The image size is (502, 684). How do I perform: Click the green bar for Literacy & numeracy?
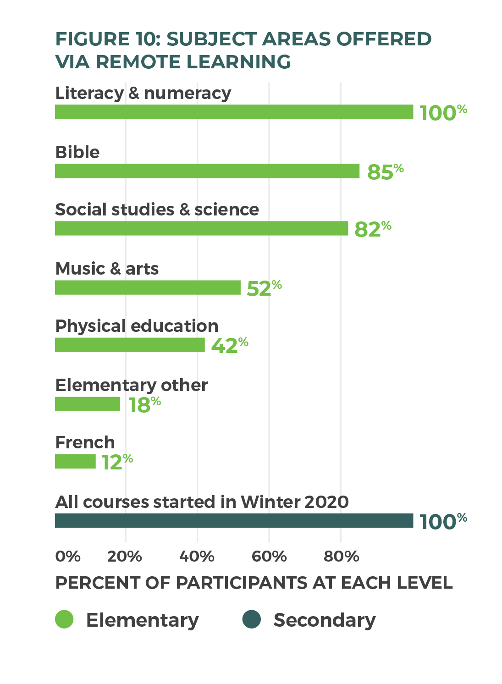234,112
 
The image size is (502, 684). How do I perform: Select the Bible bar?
207,171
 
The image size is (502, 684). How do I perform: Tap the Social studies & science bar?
201,228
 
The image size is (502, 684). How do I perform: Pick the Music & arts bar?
148,287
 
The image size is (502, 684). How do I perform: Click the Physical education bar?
130,345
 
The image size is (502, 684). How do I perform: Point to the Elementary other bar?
87,404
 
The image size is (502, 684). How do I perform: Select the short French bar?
75,461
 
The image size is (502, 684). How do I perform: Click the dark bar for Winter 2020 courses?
234,521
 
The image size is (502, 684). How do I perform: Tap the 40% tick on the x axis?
197,557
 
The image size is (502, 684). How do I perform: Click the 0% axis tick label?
68,557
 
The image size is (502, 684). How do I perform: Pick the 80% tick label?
341,557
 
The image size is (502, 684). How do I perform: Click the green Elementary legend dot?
64,619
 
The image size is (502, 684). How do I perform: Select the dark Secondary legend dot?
251,619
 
